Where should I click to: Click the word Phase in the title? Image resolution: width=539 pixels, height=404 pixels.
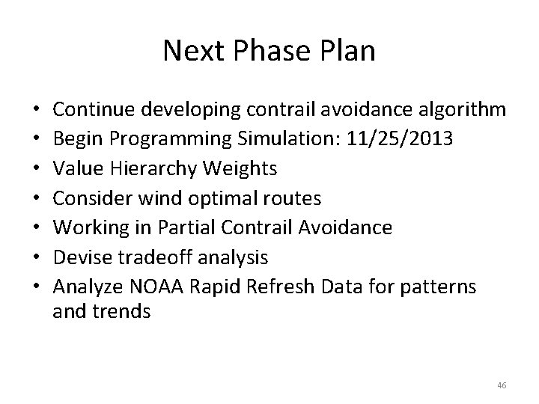pos(269,52)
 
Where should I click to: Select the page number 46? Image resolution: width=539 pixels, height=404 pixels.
pos(502,385)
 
